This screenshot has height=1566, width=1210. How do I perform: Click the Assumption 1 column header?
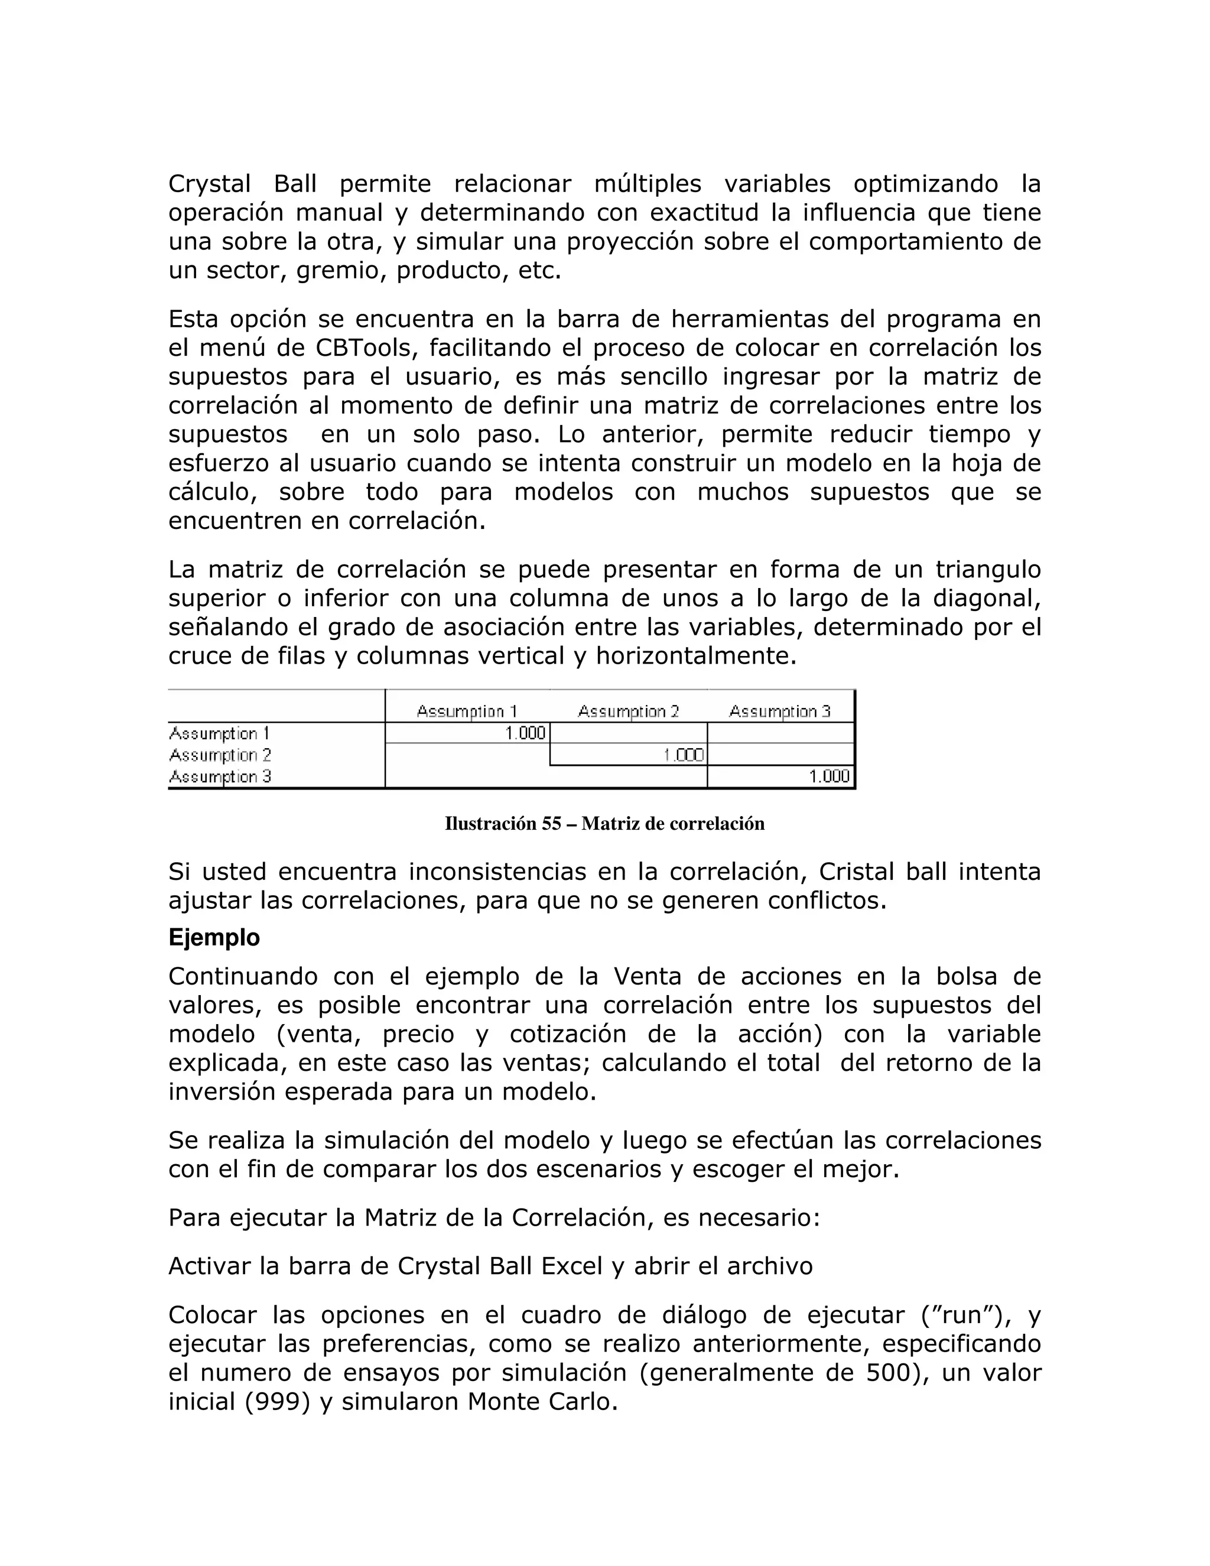[467, 711]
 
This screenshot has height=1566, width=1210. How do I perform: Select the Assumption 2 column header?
[628, 711]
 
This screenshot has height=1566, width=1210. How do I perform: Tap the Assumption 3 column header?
[779, 711]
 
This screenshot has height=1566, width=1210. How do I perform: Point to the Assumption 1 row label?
[219, 733]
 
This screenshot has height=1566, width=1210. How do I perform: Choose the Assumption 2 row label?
[219, 755]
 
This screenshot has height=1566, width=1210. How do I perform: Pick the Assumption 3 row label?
[219, 776]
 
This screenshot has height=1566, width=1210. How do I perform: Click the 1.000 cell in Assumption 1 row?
[525, 733]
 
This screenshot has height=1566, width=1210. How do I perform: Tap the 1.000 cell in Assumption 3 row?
[829, 776]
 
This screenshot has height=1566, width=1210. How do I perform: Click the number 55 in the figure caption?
[551, 824]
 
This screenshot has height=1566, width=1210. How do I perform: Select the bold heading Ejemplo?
[214, 938]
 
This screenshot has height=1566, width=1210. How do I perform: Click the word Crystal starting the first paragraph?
[209, 184]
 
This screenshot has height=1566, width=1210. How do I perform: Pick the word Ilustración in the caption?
[490, 824]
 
